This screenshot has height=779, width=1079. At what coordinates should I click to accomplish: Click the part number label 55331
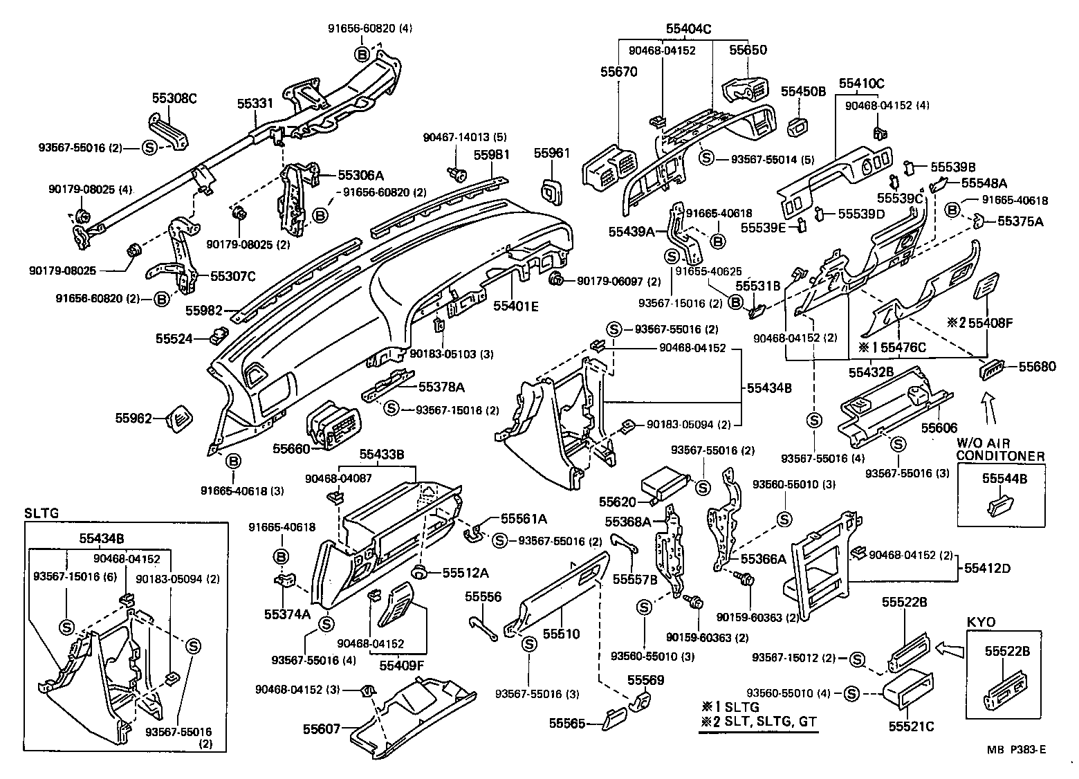click(255, 103)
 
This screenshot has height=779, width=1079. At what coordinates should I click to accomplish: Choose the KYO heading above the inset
click(980, 622)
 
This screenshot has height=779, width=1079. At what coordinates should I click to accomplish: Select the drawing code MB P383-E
click(1016, 749)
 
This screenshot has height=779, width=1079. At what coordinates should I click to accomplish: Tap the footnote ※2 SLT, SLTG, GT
click(759, 722)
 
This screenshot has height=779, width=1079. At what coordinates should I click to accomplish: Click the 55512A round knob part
click(418, 572)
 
